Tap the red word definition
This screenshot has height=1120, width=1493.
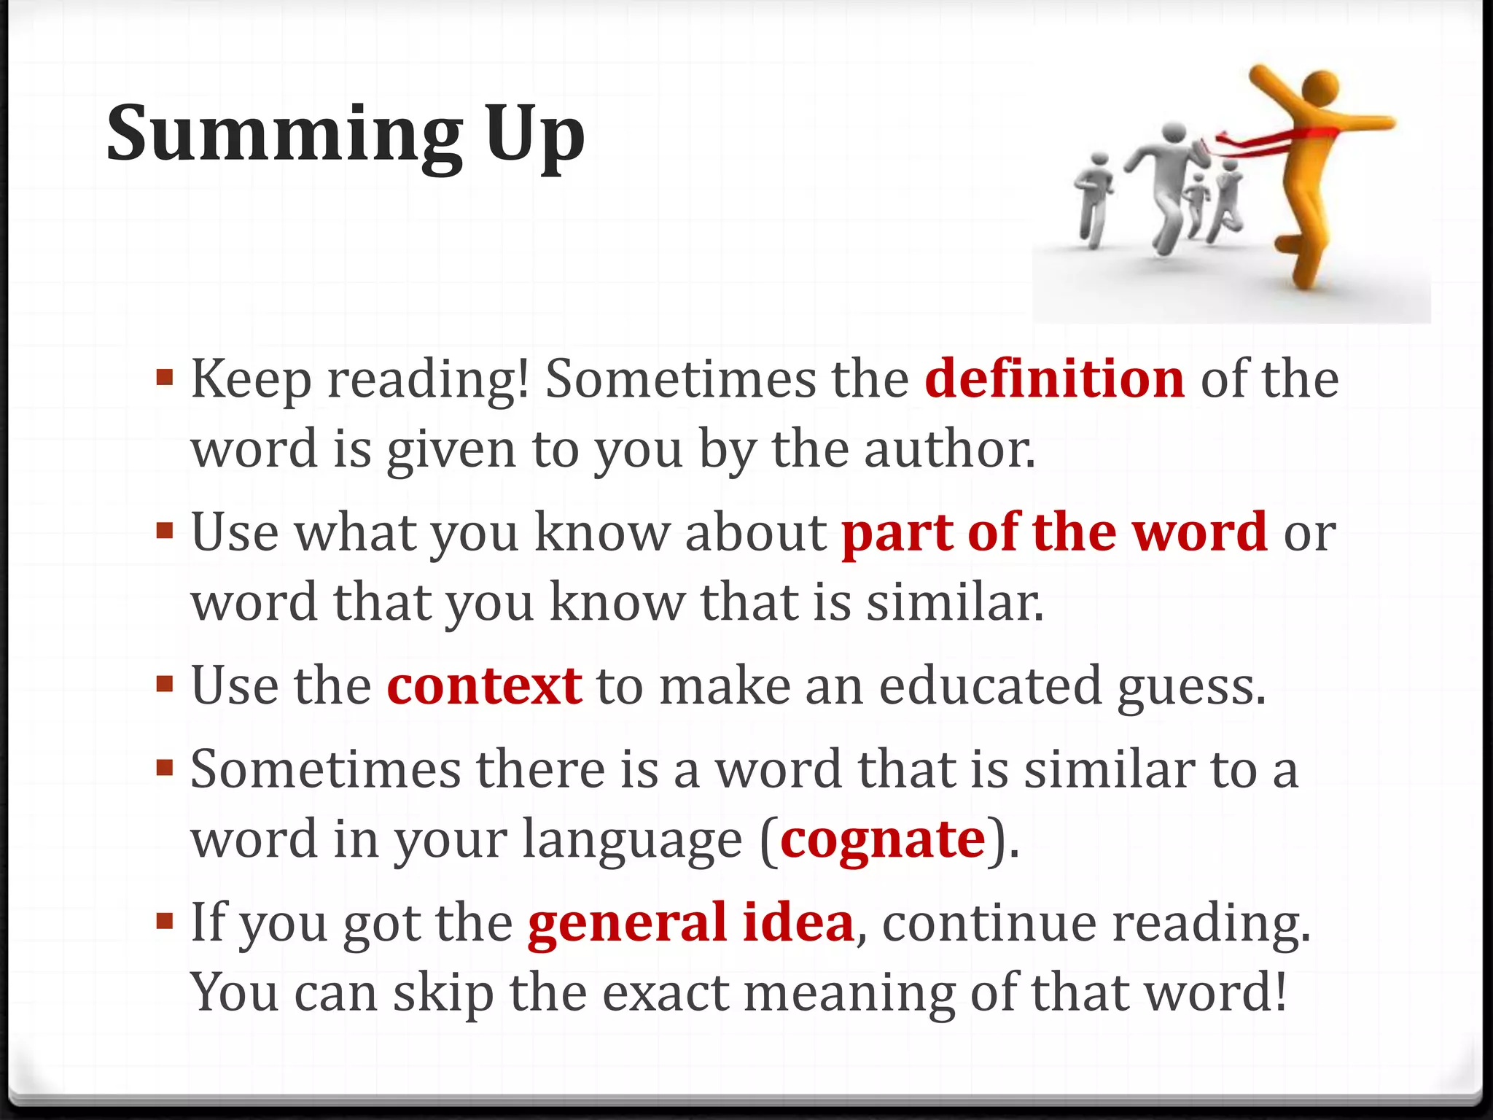(1055, 379)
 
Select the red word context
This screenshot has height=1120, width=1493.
(484, 686)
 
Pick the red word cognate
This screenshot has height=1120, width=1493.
(883, 839)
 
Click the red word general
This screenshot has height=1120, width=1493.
(627, 922)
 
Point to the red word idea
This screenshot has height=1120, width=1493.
(798, 922)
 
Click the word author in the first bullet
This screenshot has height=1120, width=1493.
(949, 449)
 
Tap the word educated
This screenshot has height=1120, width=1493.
(990, 686)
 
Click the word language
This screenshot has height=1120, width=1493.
(632, 841)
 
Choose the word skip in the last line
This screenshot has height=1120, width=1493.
(443, 993)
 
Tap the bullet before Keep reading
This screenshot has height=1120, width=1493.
(165, 378)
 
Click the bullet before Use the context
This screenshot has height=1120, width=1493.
(165, 685)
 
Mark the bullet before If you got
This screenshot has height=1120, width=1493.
(165, 921)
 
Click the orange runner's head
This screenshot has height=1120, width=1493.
(1320, 89)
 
